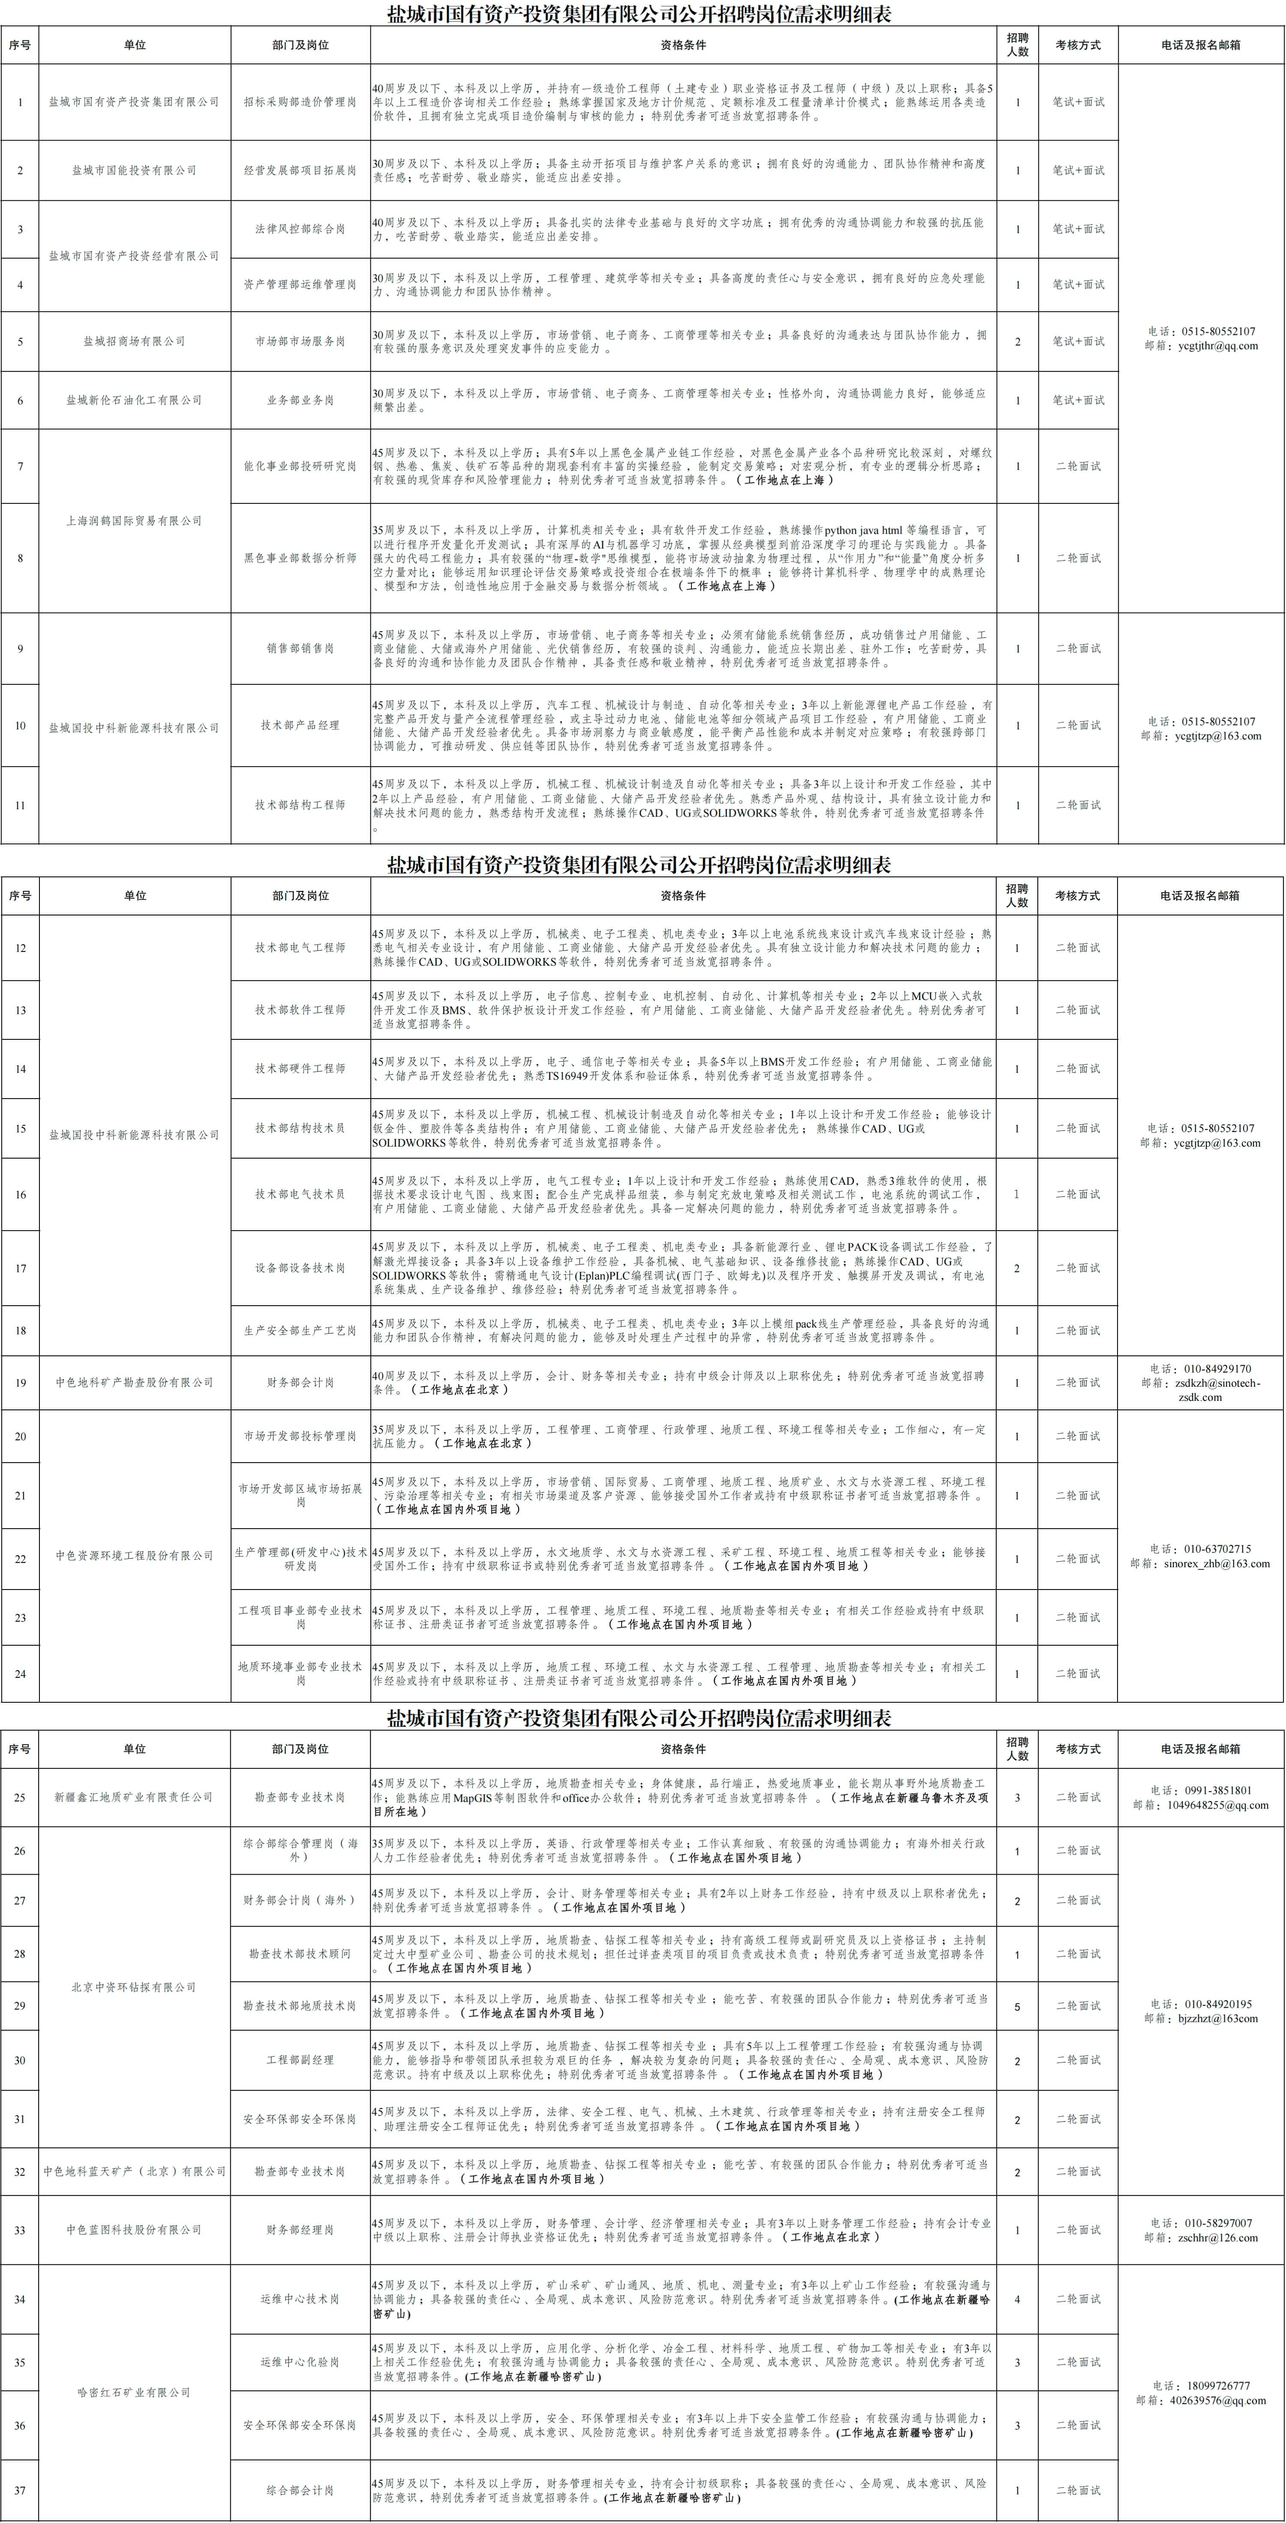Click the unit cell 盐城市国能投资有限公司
[134, 170]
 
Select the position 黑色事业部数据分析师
[300, 558]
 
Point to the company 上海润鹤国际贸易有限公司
[134, 521]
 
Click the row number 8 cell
[21, 558]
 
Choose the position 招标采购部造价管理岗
[300, 102]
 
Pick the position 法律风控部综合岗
[300, 229]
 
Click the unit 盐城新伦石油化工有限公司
[134, 400]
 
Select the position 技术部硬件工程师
[300, 1069]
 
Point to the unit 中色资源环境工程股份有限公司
[134, 1555]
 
